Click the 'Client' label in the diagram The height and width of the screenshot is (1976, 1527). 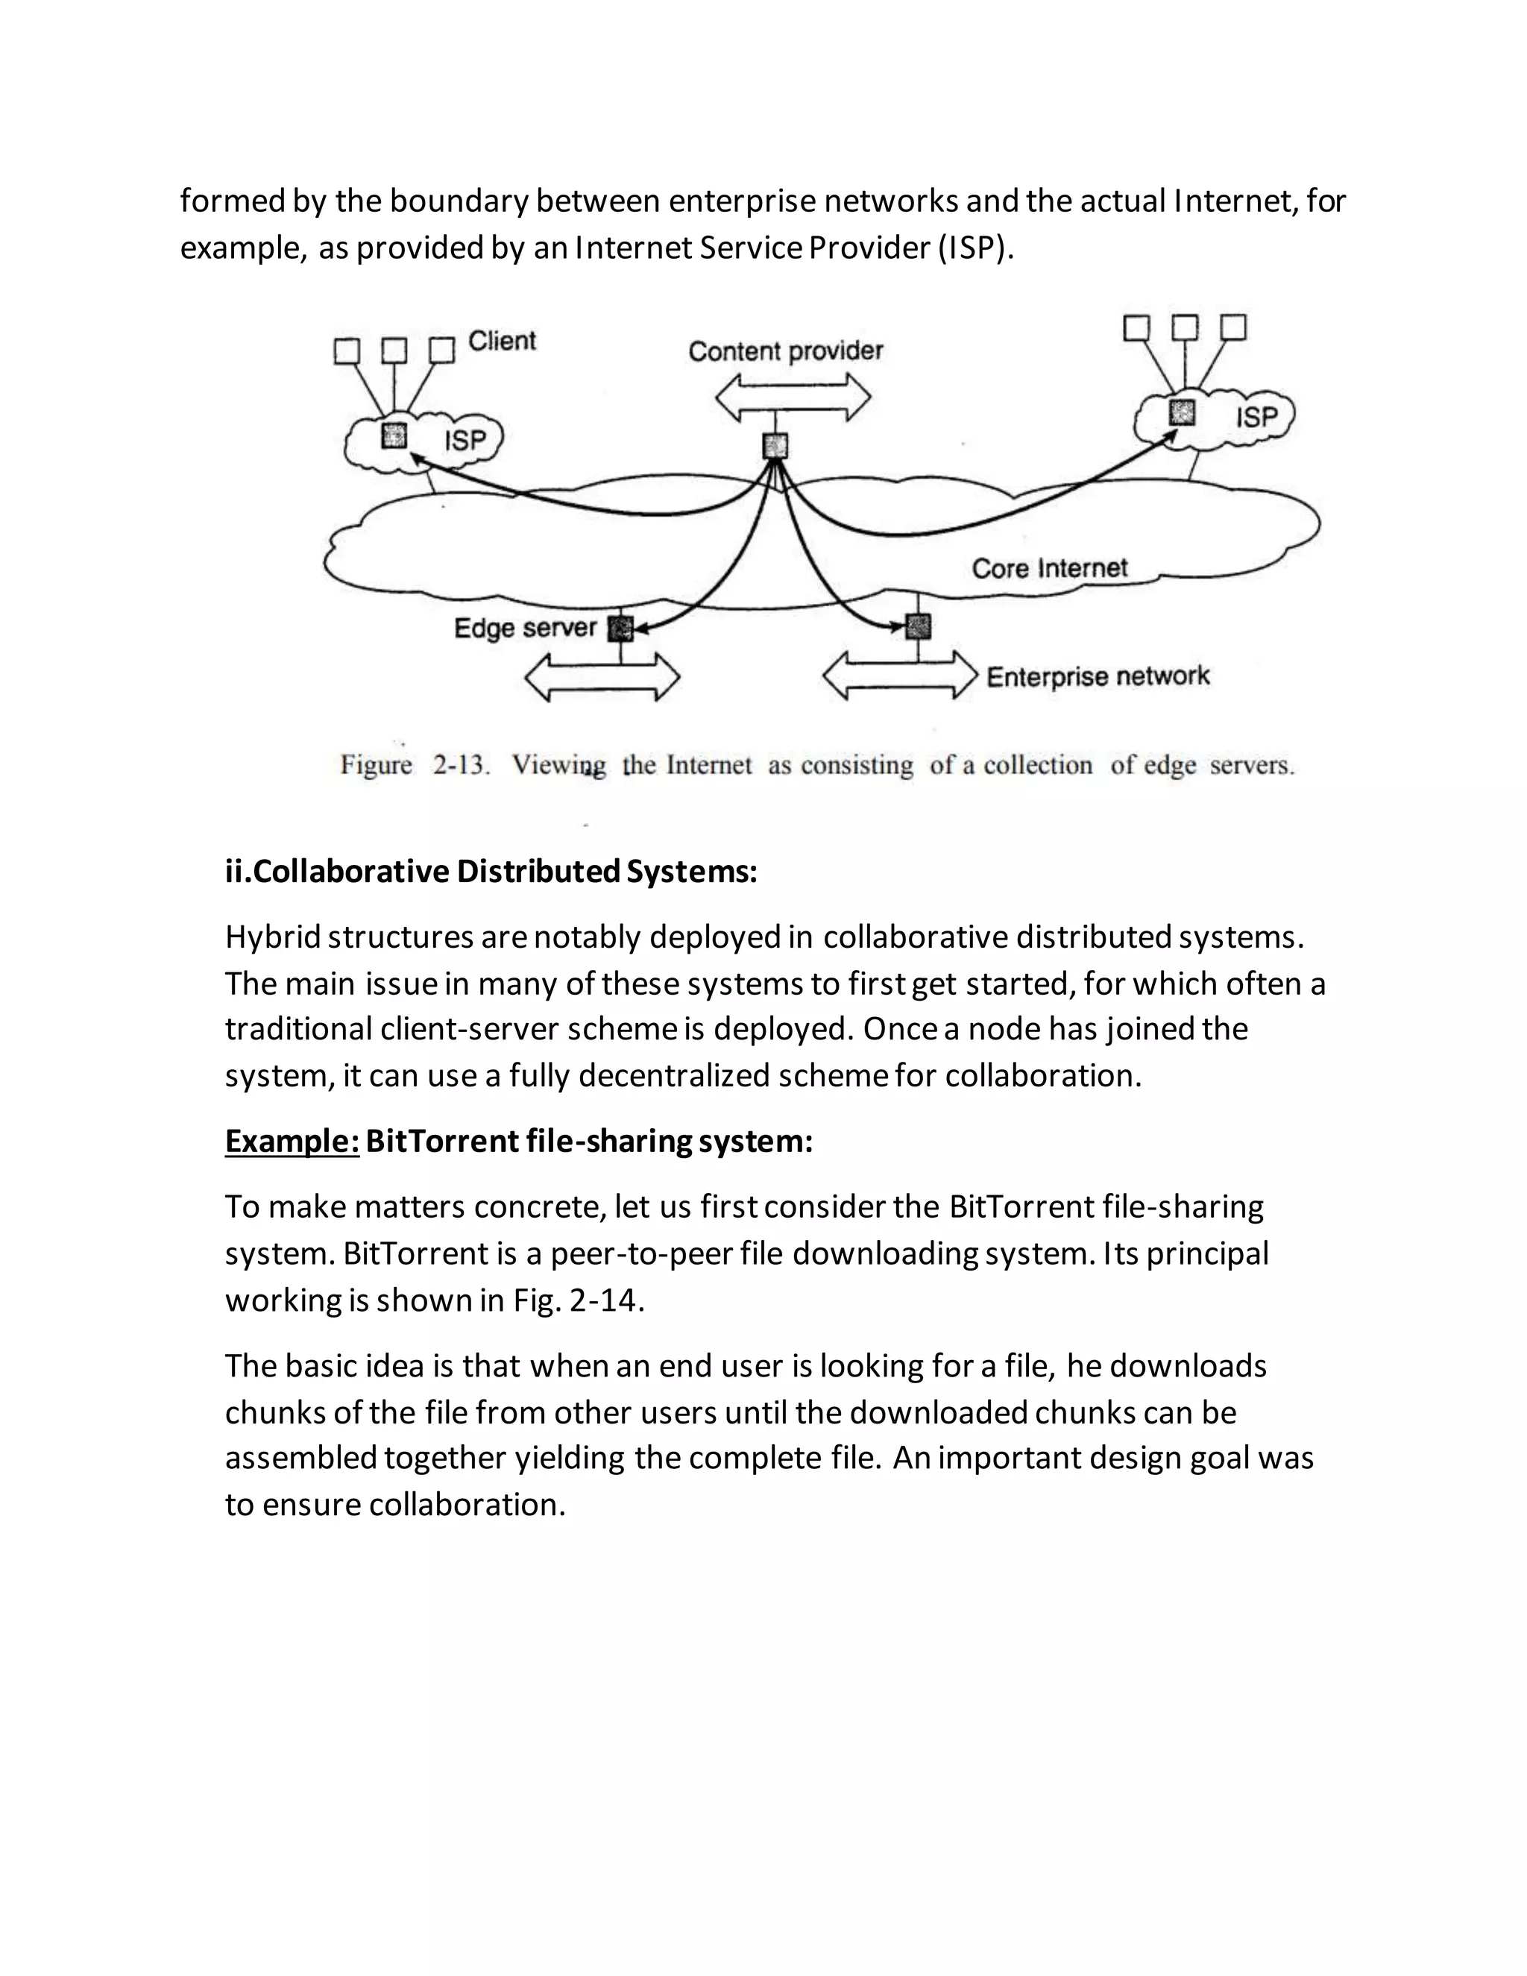501,341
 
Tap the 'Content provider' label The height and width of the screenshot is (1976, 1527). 785,351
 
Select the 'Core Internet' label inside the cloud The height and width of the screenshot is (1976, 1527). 1049,568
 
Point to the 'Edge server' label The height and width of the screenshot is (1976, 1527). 525,628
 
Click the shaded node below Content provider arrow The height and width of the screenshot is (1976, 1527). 775,445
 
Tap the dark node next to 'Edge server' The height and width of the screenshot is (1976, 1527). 620,628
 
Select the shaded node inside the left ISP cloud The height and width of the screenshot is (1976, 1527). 394,435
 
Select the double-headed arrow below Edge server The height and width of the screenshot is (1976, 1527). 602,677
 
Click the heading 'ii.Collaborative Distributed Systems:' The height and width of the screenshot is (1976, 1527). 491,871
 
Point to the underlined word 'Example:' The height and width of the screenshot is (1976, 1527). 292,1141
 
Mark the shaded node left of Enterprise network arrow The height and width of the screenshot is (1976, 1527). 917,626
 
